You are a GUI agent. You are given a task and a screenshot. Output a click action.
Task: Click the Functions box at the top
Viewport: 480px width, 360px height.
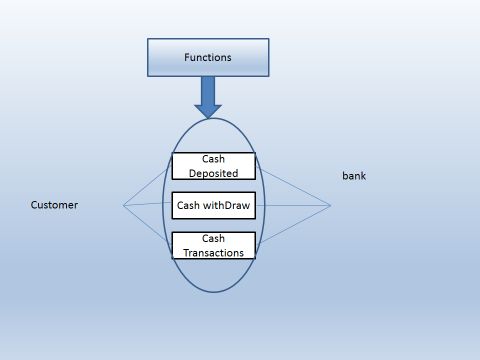(x=208, y=57)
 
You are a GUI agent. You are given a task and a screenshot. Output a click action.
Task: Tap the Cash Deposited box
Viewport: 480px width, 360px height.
(x=213, y=165)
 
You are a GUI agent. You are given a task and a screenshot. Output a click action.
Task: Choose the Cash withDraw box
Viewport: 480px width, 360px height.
(x=213, y=206)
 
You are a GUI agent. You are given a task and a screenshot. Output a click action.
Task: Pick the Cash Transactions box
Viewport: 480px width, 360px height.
(x=213, y=245)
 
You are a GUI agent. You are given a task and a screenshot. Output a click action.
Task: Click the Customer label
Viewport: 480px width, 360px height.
(x=54, y=205)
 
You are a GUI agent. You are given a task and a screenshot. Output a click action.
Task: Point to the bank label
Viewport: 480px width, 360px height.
(x=354, y=176)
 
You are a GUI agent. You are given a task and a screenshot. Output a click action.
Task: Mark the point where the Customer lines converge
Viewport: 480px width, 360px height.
(x=123, y=206)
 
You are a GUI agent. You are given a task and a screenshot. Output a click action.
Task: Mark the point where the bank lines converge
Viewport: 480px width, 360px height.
(x=330, y=206)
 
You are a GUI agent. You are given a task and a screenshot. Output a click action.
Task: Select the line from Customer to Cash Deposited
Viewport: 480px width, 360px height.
(x=148, y=186)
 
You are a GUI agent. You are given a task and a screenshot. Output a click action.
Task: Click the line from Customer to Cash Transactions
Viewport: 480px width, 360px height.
(x=148, y=225)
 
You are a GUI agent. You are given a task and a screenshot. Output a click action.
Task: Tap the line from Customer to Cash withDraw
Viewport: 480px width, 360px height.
(x=148, y=205)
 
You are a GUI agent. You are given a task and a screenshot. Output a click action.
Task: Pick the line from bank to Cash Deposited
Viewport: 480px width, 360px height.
(x=292, y=186)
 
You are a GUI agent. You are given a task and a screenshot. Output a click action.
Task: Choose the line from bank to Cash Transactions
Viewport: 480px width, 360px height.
(x=292, y=226)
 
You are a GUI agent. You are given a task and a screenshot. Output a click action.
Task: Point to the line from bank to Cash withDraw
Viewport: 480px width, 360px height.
(x=292, y=206)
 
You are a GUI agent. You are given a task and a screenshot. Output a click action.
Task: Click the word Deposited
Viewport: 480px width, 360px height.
(x=213, y=172)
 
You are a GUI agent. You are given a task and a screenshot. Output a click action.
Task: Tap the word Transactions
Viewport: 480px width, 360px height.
(x=213, y=253)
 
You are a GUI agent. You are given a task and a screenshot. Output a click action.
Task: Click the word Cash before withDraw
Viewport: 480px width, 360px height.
(x=189, y=206)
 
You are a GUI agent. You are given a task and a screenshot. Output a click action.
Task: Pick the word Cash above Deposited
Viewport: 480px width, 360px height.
(x=213, y=158)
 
